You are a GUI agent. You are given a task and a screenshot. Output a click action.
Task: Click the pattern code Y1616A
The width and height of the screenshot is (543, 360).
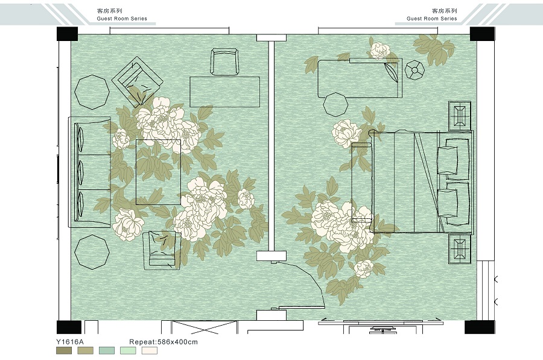pyautogui.click(x=70, y=342)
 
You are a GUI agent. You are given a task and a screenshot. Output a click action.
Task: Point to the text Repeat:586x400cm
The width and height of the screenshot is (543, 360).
pyautogui.click(x=164, y=342)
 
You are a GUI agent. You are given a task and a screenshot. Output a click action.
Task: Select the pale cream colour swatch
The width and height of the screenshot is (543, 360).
pyautogui.click(x=149, y=351)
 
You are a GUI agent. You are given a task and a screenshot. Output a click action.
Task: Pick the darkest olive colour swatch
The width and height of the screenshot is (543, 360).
pyautogui.click(x=64, y=351)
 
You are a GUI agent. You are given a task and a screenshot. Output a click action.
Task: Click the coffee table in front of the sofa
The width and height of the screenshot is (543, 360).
pyautogui.click(x=158, y=172)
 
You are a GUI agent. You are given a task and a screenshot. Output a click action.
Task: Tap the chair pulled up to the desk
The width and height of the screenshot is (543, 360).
pyautogui.click(x=225, y=62)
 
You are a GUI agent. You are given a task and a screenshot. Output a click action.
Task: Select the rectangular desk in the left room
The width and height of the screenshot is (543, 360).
pyautogui.click(x=225, y=92)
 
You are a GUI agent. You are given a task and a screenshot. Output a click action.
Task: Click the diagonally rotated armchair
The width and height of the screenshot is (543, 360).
pyautogui.click(x=138, y=82)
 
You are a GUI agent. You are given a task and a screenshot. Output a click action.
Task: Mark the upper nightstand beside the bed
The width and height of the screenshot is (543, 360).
pyautogui.click(x=460, y=116)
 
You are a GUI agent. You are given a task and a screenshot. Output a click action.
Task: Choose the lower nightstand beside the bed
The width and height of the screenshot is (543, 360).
pyautogui.click(x=460, y=248)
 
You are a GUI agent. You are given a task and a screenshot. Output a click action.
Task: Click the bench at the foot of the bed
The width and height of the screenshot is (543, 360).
pyautogui.click(x=362, y=183)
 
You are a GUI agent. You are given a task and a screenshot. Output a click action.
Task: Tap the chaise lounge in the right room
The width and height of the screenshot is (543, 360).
pyautogui.click(x=360, y=78)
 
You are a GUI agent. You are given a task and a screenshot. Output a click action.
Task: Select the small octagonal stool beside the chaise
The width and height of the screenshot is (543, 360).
pyautogui.click(x=414, y=71)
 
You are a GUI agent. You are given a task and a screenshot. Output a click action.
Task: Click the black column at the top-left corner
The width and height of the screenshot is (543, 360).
pyautogui.click(x=67, y=34)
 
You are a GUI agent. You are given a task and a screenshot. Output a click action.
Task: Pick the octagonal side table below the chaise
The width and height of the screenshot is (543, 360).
pyautogui.click(x=335, y=104)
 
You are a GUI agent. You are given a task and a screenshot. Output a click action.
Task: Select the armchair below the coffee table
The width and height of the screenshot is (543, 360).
pyautogui.click(x=162, y=251)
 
